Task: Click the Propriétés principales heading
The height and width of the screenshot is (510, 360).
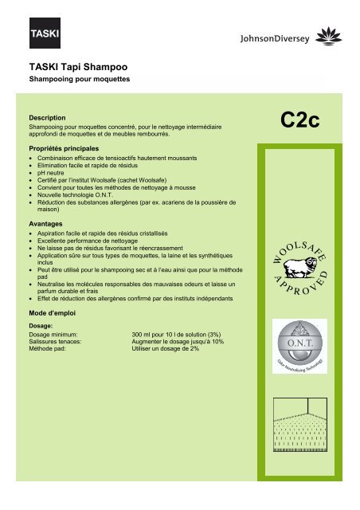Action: (x=64, y=149)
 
